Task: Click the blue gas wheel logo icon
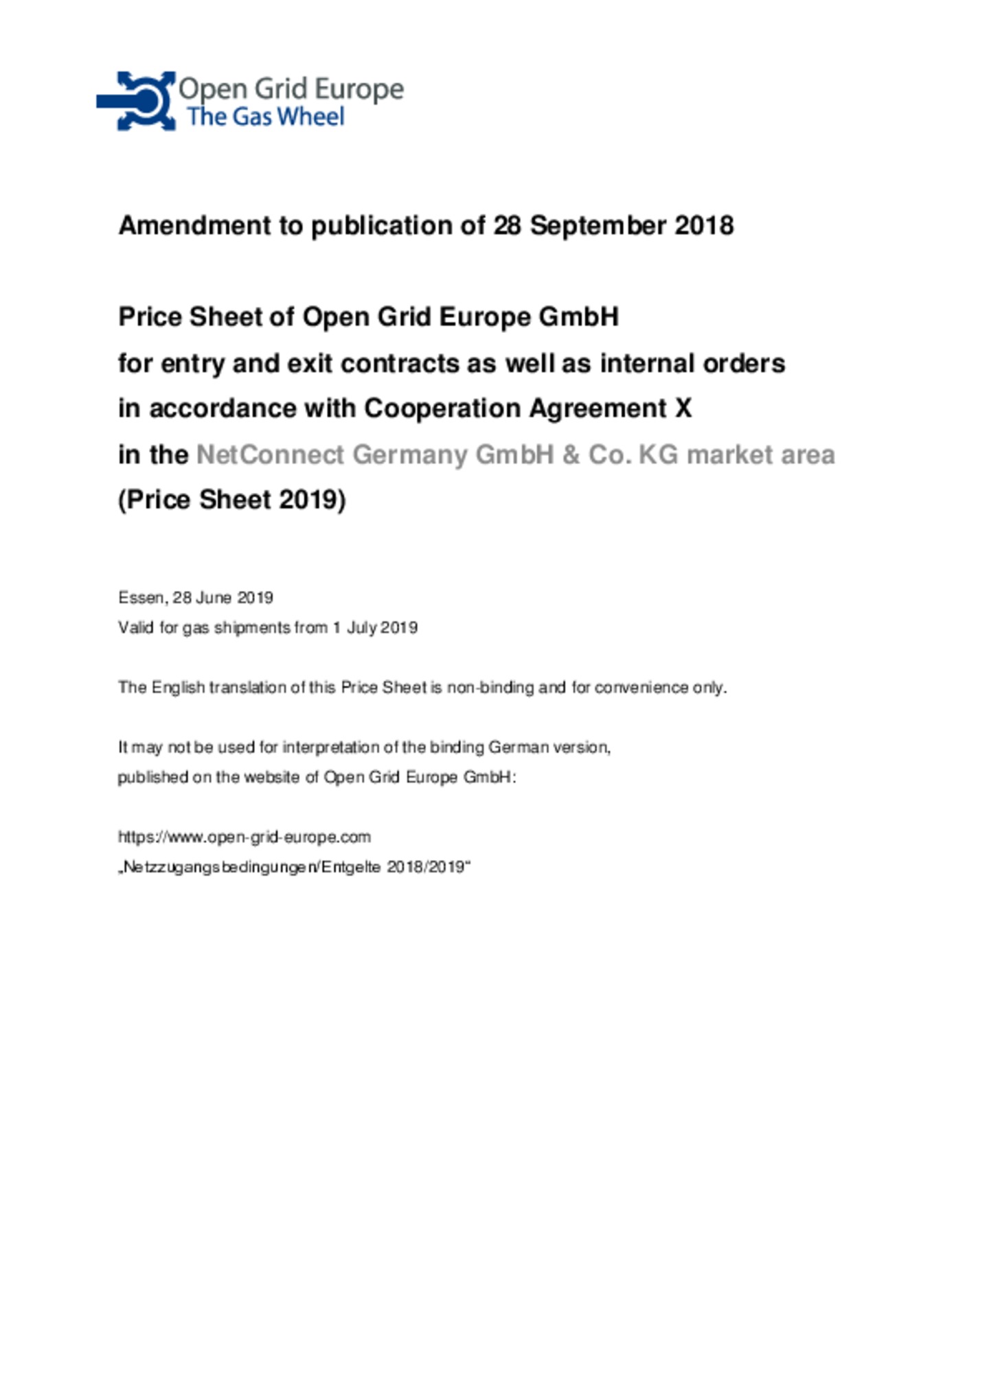point(137,101)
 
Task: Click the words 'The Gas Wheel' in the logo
point(265,117)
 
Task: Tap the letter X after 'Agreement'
point(683,408)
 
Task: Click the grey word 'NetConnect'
point(270,454)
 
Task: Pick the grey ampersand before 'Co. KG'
point(571,454)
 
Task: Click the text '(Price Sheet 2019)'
point(232,500)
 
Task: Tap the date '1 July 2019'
point(375,627)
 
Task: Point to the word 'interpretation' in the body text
point(325,747)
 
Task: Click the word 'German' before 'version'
point(519,747)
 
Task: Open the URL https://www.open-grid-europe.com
point(245,837)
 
